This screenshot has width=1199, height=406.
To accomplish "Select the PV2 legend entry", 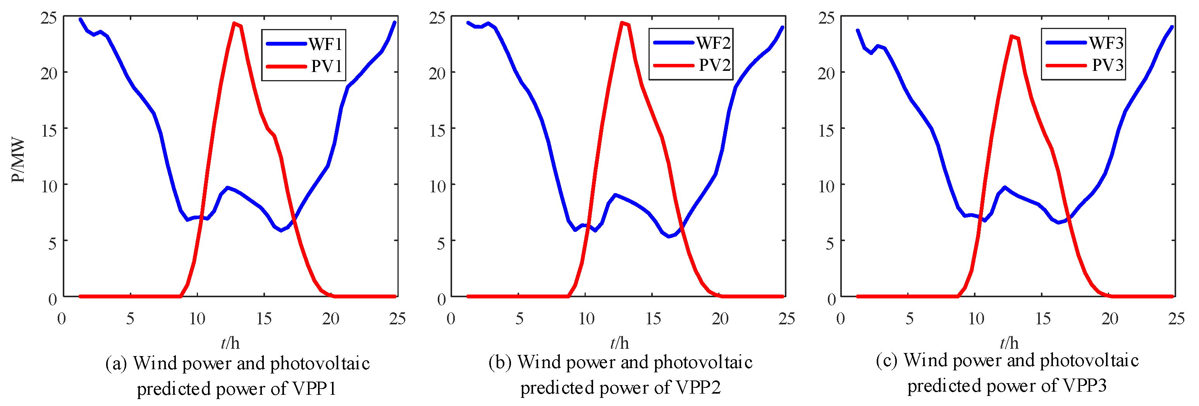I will (714, 65).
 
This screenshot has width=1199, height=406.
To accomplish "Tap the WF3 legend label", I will (1106, 43).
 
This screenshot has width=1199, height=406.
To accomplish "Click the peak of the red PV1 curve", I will (234, 23).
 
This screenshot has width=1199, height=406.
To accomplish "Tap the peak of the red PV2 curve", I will (622, 22).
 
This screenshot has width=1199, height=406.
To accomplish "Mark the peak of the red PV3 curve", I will (1011, 36).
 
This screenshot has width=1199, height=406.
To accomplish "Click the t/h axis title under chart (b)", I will (619, 343).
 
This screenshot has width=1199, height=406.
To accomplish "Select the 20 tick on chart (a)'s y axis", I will (48, 73).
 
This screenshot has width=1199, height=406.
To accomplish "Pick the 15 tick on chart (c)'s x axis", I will (1043, 319).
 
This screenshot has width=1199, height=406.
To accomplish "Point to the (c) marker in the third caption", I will (886, 361).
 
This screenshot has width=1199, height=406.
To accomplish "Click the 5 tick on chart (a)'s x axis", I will (130, 319).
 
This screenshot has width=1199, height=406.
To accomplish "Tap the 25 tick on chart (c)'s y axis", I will (826, 18).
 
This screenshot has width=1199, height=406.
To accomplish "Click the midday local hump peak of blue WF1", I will (227, 188).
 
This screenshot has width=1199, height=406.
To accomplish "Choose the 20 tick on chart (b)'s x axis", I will (720, 319).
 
